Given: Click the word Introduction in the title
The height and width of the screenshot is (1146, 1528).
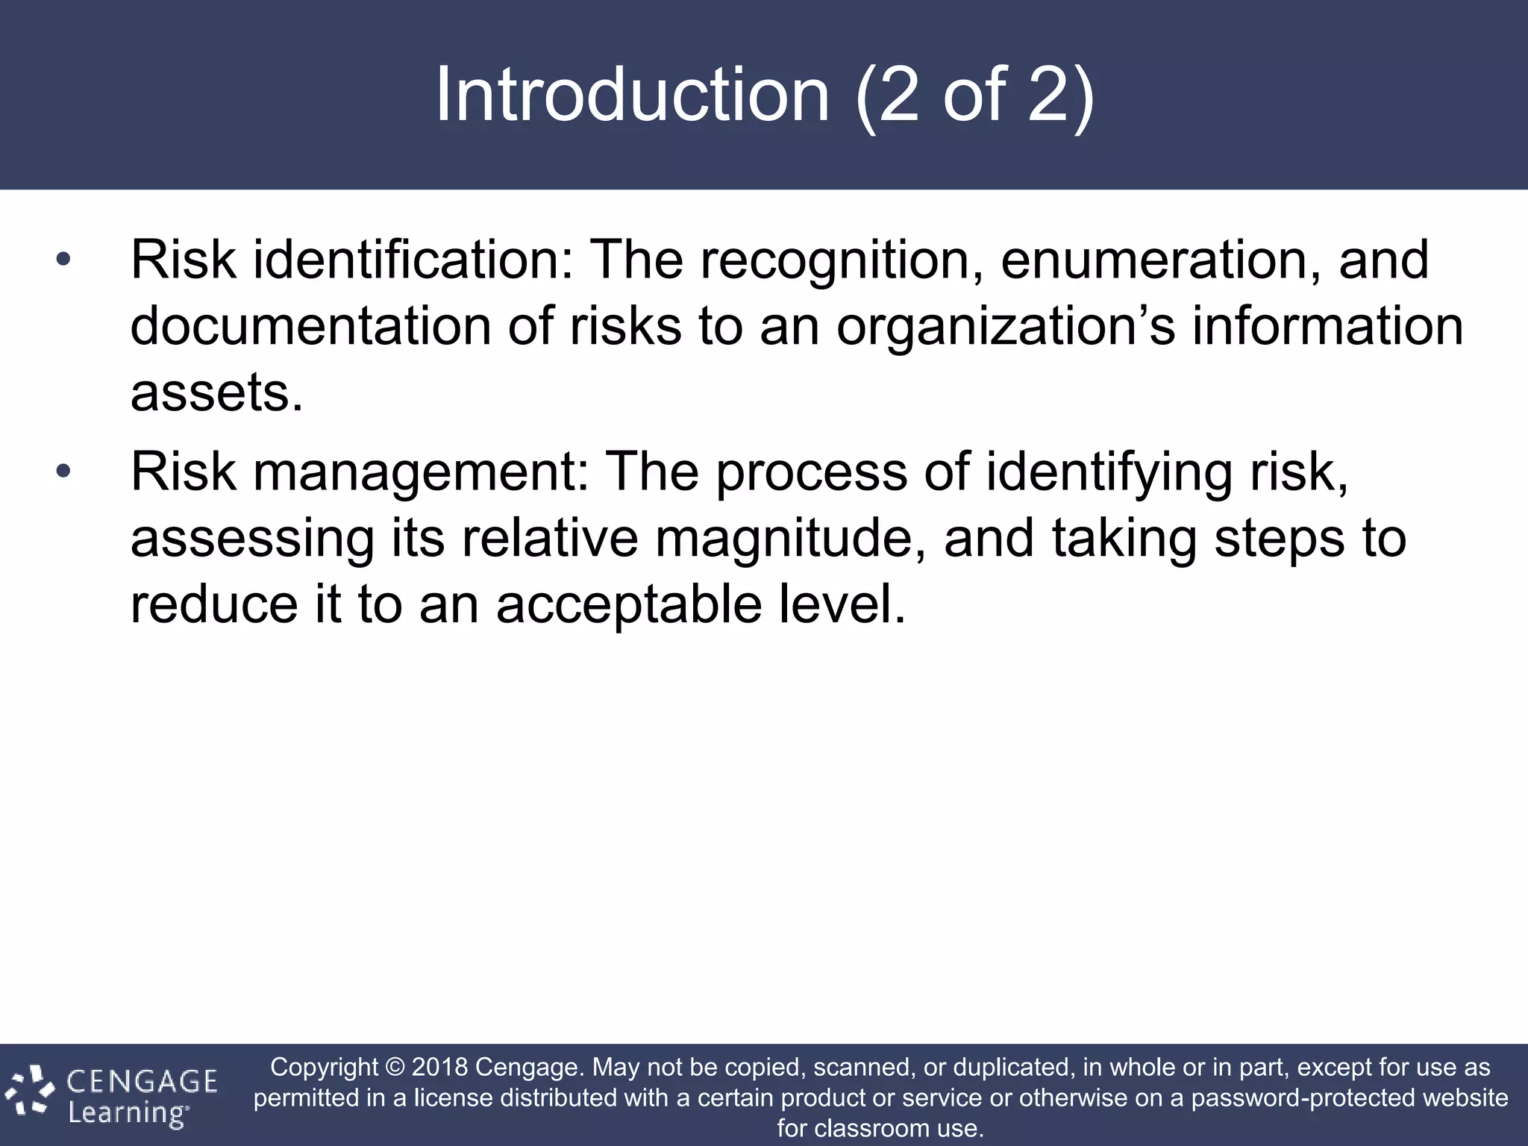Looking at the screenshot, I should [632, 95].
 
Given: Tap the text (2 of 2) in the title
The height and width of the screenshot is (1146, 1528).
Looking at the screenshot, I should [974, 95].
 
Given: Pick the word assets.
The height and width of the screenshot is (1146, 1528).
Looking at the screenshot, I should [216, 392].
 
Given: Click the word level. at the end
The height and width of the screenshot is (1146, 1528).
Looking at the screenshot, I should [842, 604].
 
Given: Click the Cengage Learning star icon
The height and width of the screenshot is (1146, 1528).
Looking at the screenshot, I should [30, 1094].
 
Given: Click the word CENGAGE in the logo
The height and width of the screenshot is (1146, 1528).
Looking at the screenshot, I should [142, 1081].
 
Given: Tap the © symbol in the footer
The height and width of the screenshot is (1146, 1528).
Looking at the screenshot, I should [395, 1067].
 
